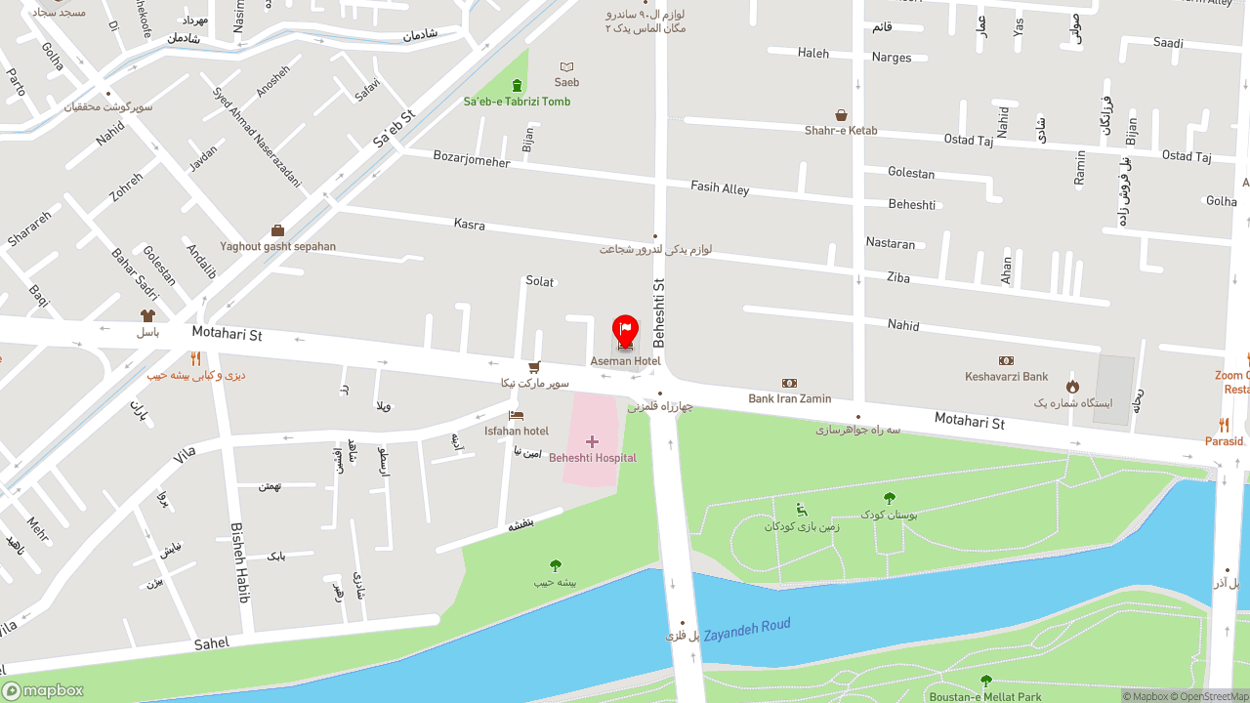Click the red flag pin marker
click(x=625, y=330)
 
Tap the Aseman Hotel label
click(x=625, y=361)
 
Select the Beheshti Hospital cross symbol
click(x=592, y=442)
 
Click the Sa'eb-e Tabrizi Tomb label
click(x=517, y=102)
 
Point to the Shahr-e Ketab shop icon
click(x=841, y=115)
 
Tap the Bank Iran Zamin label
click(x=789, y=398)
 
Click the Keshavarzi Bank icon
click(x=1006, y=361)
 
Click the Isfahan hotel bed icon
click(x=516, y=416)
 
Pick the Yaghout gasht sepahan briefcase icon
click(x=277, y=231)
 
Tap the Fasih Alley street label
click(x=720, y=187)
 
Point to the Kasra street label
click(x=470, y=225)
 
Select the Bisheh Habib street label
click(x=239, y=562)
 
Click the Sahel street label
click(x=212, y=644)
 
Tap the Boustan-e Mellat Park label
click(x=985, y=697)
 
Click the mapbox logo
click(x=43, y=690)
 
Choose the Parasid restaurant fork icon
click(x=1224, y=426)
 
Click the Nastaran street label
click(x=891, y=243)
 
